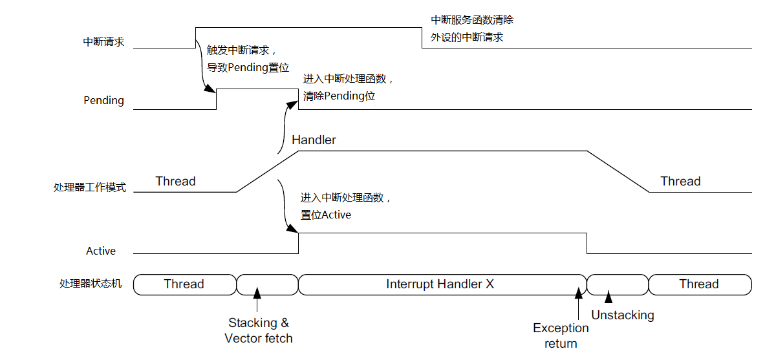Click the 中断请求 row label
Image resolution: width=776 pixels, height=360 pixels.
point(103,42)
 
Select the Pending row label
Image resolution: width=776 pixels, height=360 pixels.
point(103,101)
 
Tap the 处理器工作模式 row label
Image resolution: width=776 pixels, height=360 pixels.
point(90,188)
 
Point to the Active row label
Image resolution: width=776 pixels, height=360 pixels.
point(101,251)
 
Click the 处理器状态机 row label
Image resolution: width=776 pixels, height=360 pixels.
point(90,284)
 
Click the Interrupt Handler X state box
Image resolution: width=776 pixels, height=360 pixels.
point(440,284)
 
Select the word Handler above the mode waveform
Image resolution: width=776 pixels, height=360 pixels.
point(314,140)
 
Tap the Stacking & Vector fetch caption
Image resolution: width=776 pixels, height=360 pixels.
point(259,330)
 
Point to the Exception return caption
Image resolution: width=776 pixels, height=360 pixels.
point(561,336)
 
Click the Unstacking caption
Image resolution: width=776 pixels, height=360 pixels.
point(623,315)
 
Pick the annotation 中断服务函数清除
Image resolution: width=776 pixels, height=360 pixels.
point(472,21)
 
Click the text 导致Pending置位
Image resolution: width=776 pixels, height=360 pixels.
point(248,67)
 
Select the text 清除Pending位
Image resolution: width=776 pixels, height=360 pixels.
point(339,96)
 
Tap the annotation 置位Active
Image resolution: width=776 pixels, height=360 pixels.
point(326,215)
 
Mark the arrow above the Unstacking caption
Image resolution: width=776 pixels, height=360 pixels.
point(608,298)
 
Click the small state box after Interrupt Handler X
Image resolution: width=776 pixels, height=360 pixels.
point(618,284)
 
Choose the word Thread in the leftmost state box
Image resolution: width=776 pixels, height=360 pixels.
point(184,284)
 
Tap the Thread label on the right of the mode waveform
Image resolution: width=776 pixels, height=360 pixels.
point(680,182)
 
